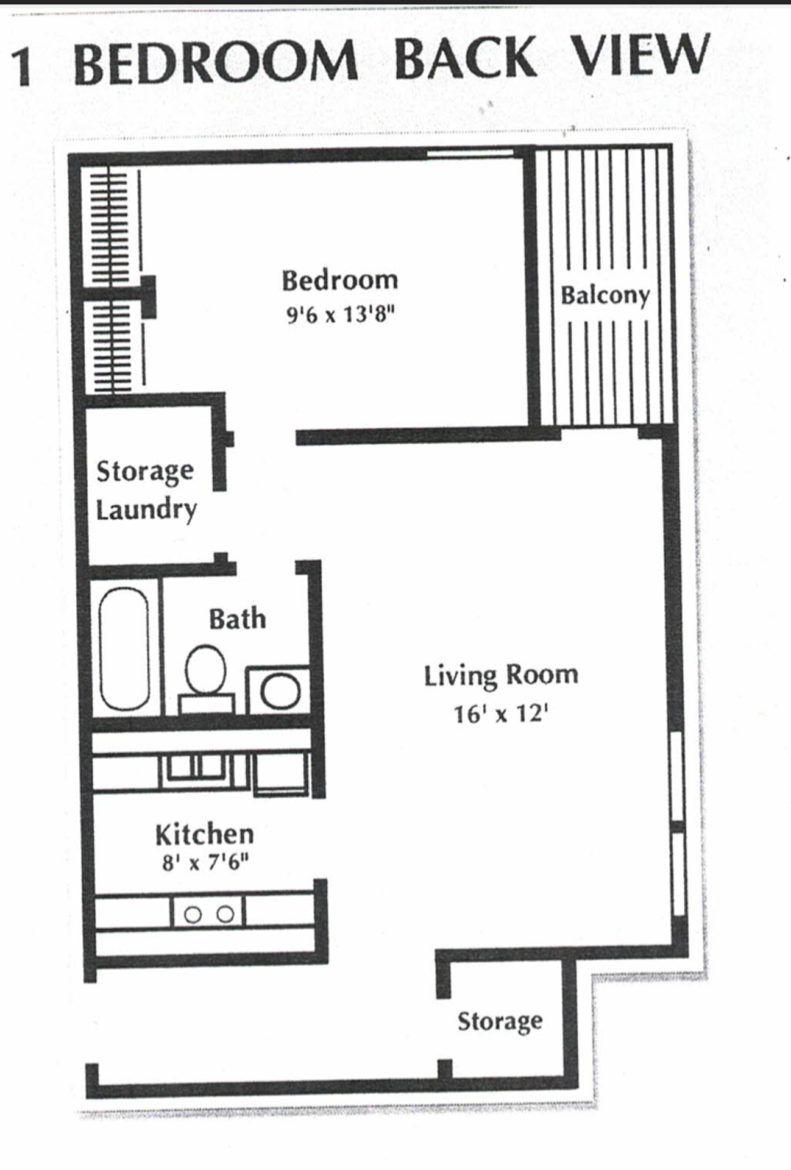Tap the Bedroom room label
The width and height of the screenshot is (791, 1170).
click(339, 281)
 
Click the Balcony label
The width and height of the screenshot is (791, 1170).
click(605, 296)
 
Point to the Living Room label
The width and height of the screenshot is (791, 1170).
click(501, 676)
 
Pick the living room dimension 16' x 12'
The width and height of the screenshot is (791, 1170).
click(501, 713)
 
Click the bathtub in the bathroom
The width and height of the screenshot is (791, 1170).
click(124, 648)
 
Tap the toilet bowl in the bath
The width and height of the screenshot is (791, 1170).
click(205, 670)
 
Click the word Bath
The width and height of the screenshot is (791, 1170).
click(237, 619)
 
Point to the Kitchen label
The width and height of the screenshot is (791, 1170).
click(204, 835)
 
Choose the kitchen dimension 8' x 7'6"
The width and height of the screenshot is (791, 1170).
click(205, 863)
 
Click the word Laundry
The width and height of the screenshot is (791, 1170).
click(146, 509)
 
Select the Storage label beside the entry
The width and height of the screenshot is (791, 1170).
click(500, 1022)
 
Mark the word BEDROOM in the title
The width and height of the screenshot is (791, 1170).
click(216, 62)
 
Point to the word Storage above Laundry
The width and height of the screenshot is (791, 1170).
click(145, 471)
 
